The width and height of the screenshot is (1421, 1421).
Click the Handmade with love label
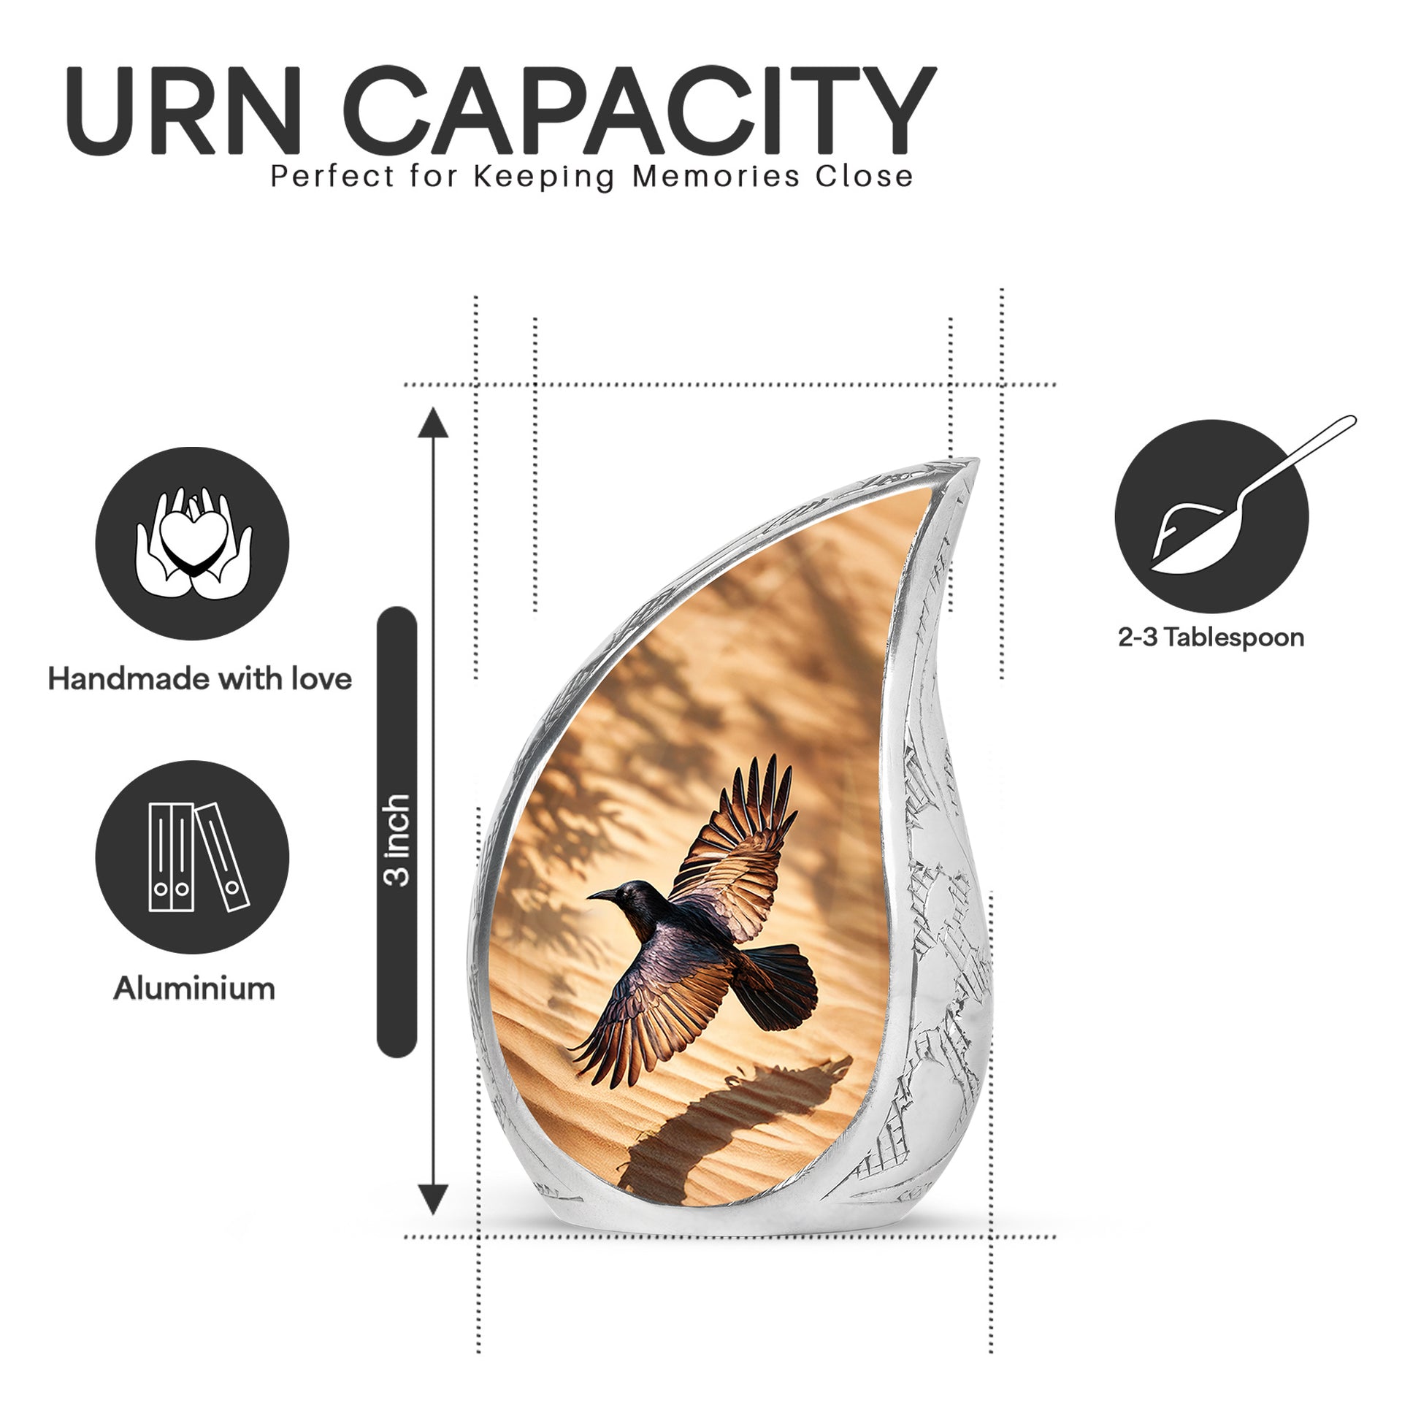point(200,678)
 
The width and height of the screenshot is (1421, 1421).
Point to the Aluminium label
point(194,988)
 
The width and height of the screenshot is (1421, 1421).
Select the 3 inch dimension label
point(397,840)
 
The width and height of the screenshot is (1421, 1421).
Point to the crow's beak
point(602,895)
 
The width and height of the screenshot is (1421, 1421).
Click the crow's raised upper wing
point(735,846)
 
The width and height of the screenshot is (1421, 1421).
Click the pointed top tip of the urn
point(977,461)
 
